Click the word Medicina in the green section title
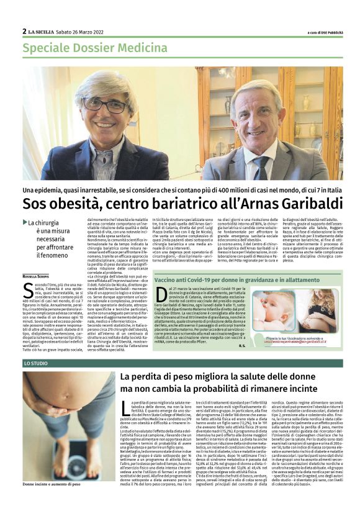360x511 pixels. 129,47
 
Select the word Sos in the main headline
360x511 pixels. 35,203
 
